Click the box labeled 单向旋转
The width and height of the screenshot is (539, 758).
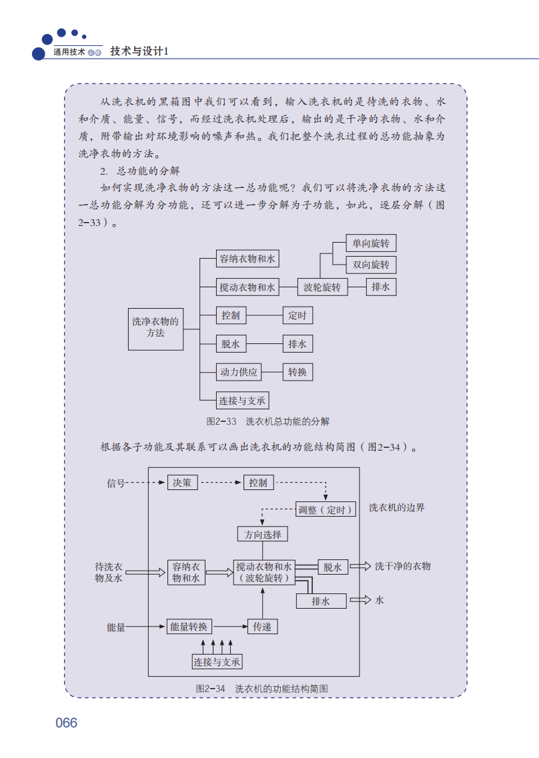(x=371, y=243)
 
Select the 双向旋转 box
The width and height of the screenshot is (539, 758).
(x=371, y=265)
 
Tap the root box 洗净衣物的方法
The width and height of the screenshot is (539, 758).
(x=155, y=327)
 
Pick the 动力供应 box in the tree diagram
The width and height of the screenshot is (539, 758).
(x=239, y=372)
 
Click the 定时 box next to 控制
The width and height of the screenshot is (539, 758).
(x=298, y=315)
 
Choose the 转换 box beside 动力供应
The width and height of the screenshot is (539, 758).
(x=298, y=372)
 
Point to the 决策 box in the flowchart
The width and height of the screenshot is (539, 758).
(x=182, y=482)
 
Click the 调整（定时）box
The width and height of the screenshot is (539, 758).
(x=324, y=510)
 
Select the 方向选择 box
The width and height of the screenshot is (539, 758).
(x=263, y=534)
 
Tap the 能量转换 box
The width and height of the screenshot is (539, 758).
(x=189, y=627)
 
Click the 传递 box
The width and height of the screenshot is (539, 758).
(x=262, y=627)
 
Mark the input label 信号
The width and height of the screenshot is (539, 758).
(x=116, y=483)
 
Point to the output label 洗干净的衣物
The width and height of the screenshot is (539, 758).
(x=402, y=566)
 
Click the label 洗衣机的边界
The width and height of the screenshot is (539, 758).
(x=397, y=507)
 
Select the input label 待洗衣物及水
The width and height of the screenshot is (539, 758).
(x=109, y=572)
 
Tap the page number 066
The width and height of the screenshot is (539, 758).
(x=67, y=723)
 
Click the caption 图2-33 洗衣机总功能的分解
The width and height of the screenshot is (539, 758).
(x=268, y=421)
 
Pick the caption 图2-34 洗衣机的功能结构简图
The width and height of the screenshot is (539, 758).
(x=261, y=688)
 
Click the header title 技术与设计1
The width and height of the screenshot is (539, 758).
(x=139, y=51)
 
